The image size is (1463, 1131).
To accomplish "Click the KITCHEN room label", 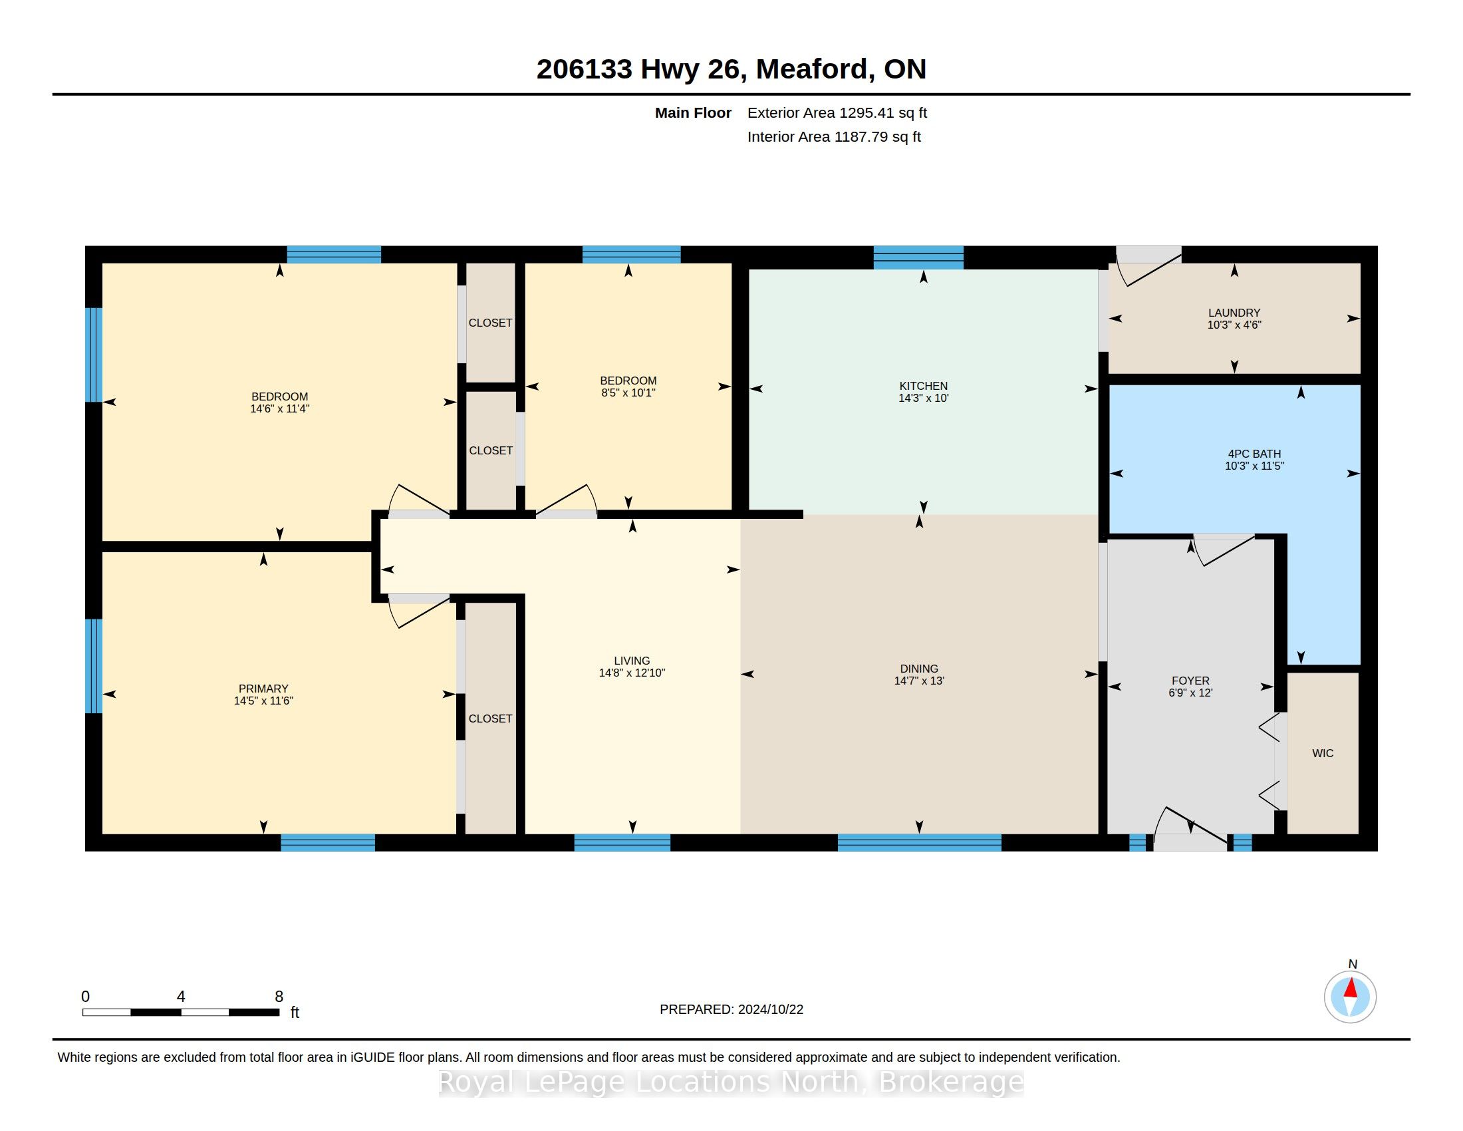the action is coord(923,386).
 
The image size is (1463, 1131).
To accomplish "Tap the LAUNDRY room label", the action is coord(1234,313).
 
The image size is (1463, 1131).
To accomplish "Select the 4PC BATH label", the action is coord(1254,454).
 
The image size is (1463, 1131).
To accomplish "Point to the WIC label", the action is coord(1322,753).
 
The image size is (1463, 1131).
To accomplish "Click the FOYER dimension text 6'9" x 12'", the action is coord(1190,693).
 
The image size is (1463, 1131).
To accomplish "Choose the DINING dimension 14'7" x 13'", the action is coord(919,681).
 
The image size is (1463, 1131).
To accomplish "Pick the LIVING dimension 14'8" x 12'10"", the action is coord(632,673).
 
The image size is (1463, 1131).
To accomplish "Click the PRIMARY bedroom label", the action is coord(263,689).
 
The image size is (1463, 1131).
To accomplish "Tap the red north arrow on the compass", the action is coord(1351,987).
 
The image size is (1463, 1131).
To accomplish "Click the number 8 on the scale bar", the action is coord(279,997).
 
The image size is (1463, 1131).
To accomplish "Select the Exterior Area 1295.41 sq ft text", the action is coord(837,112).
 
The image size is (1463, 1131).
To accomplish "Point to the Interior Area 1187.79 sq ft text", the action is coord(834,136).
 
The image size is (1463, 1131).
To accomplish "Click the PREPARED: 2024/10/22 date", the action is coord(731,1009).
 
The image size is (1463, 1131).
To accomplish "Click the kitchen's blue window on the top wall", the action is coord(918,258).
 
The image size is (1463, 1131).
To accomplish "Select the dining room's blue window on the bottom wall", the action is coord(919,842).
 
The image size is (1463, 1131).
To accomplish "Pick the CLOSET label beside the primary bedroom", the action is coord(490,719).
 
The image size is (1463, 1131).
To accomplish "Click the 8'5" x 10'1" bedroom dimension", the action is coord(628,393).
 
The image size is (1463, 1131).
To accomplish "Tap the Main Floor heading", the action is coord(693,112).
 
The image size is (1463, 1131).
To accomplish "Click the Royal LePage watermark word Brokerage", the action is coord(950,1081).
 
